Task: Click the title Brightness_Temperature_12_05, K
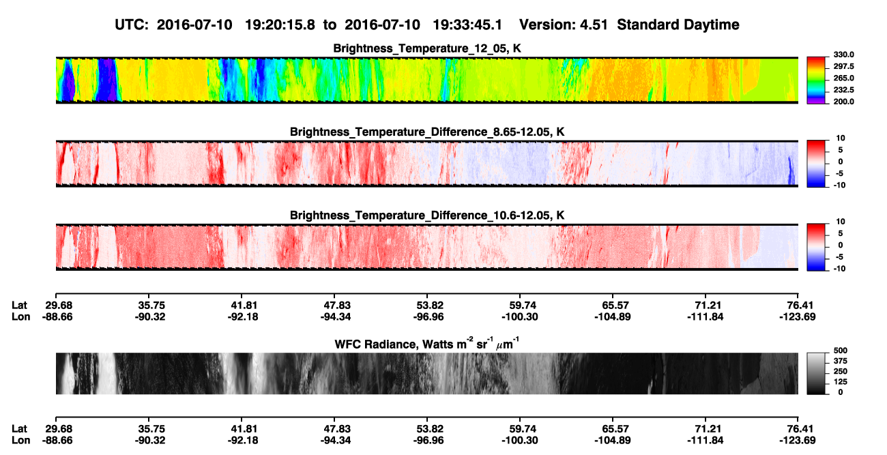427,48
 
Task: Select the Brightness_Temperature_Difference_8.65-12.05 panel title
427,132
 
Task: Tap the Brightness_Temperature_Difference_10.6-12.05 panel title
427,216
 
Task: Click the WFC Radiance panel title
427,344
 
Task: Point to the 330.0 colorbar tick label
843,55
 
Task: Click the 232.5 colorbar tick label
843,90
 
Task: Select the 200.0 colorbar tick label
843,102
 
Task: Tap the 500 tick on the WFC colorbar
841,351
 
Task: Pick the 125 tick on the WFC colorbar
841,382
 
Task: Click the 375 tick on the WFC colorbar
841,361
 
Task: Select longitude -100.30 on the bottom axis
519,441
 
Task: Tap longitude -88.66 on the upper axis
57,317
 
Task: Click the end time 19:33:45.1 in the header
467,25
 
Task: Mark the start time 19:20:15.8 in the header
280,25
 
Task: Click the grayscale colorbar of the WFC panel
816,373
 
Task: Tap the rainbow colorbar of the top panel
816,80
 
